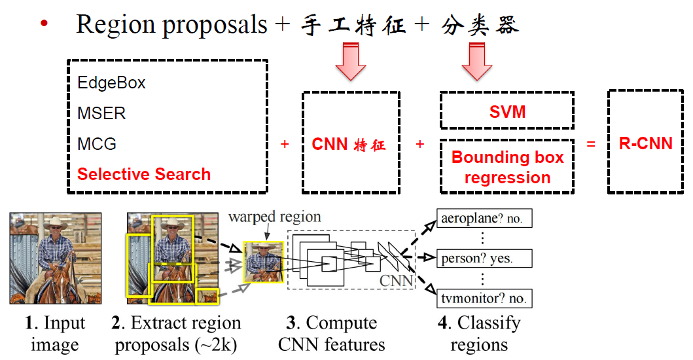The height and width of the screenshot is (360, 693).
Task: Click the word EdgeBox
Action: (x=111, y=83)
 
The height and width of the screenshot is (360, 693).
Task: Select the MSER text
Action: (x=101, y=113)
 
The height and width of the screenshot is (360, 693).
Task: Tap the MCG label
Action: (x=97, y=143)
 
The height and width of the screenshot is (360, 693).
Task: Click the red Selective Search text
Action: (x=144, y=174)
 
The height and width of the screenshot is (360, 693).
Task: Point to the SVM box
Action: (x=507, y=111)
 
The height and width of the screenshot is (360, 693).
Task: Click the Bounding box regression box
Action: (x=507, y=167)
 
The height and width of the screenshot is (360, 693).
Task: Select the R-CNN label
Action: (x=645, y=144)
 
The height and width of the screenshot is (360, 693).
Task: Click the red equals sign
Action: (x=591, y=144)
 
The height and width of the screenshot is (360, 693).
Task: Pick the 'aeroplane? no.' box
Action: (x=484, y=219)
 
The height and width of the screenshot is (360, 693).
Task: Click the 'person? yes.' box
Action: (x=484, y=258)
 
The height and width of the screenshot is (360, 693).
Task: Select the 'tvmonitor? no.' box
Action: (x=484, y=298)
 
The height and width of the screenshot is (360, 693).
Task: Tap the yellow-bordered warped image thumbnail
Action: (x=263, y=262)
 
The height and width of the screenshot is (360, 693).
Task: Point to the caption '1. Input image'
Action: (x=55, y=334)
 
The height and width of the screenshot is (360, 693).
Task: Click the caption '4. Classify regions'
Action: (x=480, y=334)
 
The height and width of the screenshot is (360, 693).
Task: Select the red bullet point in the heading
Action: (x=44, y=24)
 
